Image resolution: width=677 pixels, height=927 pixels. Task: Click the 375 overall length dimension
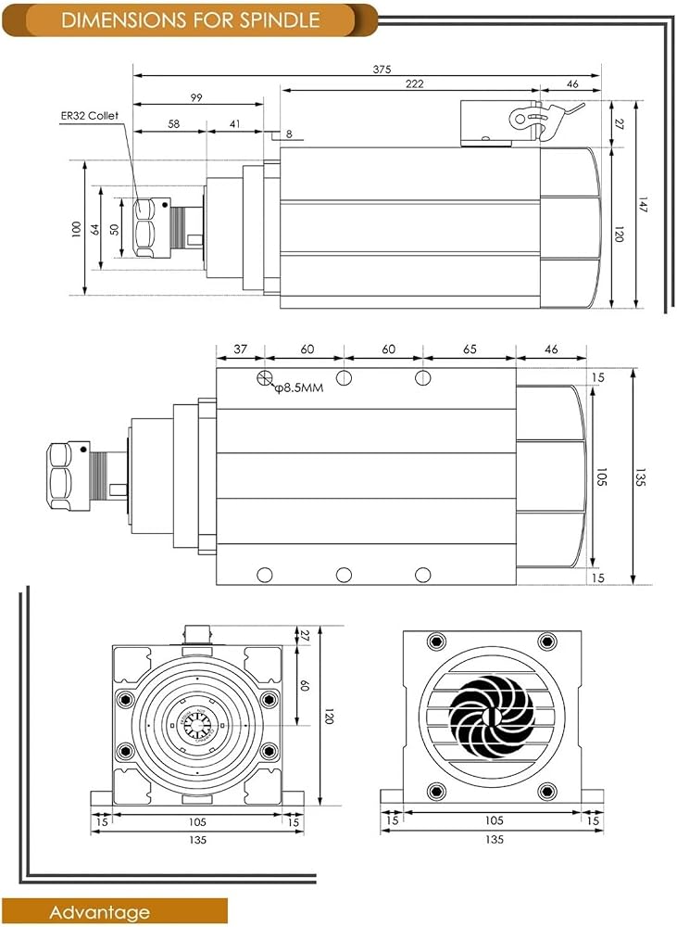[382, 70]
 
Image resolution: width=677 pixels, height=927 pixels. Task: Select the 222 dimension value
[414, 84]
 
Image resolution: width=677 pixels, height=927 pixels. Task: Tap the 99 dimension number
[196, 97]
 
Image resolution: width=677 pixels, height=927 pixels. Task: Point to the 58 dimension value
[173, 124]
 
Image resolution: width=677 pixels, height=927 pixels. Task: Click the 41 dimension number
[235, 124]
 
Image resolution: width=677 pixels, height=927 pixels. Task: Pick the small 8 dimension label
[289, 134]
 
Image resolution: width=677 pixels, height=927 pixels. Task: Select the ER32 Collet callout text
[89, 116]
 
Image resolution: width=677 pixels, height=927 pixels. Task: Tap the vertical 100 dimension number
[76, 229]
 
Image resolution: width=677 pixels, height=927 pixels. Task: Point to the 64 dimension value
[95, 229]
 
